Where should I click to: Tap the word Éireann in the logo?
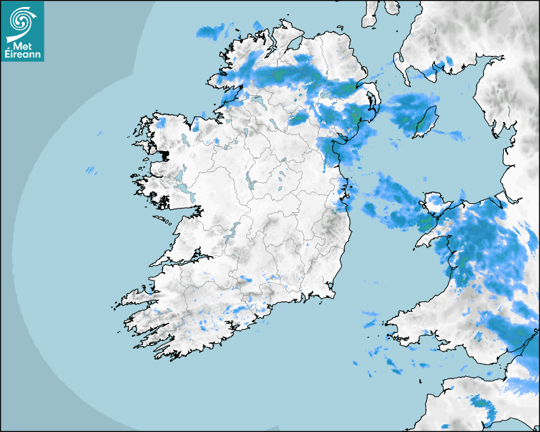click(23, 56)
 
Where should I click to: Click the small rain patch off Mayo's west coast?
click(91, 170)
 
